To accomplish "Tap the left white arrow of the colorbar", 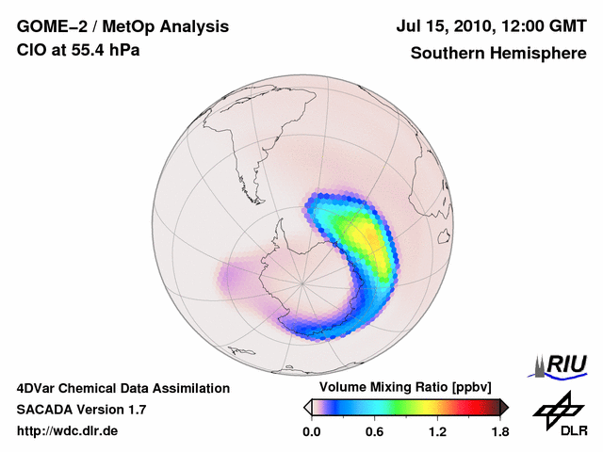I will [x=308, y=407].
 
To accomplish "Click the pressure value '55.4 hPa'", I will [x=106, y=50].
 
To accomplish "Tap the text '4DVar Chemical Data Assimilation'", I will [x=122, y=388].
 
